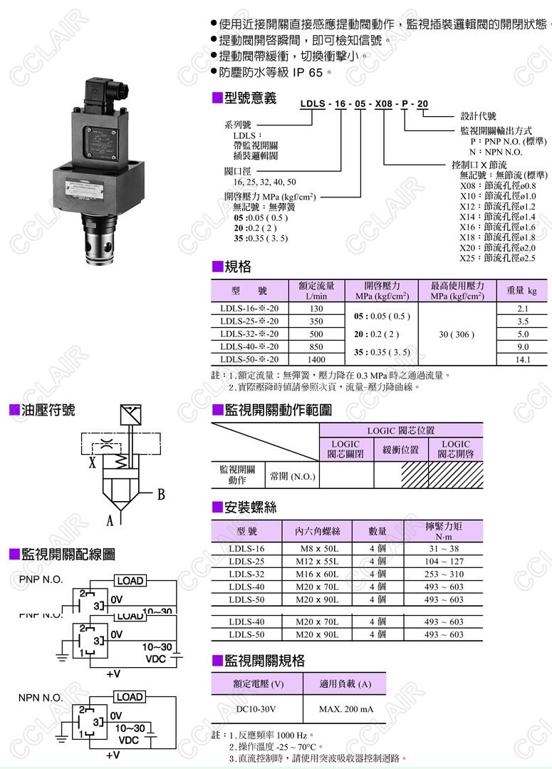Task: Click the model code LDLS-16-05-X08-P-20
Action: click(x=364, y=104)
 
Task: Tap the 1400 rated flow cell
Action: click(x=316, y=360)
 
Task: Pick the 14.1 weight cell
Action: click(x=523, y=360)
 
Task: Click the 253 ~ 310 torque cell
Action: click(x=444, y=574)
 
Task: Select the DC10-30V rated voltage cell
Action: click(x=256, y=709)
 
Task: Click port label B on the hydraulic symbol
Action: click(x=161, y=494)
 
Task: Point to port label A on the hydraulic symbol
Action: click(x=110, y=521)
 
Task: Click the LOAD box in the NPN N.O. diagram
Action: click(x=130, y=697)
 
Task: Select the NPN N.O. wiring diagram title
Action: click(x=41, y=698)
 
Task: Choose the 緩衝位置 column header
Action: click(x=400, y=450)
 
